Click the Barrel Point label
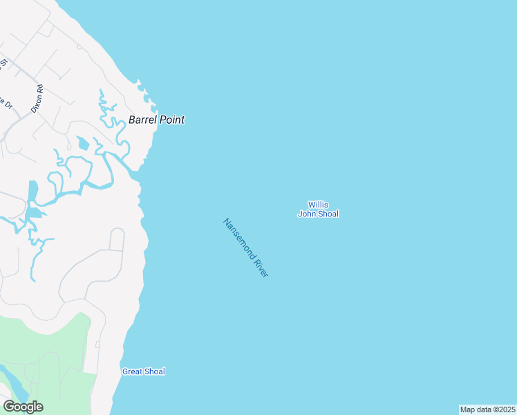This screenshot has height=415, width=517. (x=156, y=120)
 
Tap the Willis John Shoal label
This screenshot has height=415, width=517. (x=318, y=209)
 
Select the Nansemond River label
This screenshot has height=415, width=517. (x=245, y=248)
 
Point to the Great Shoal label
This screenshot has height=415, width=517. (x=144, y=371)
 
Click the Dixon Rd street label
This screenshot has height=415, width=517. (x=37, y=98)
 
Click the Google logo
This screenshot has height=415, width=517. (x=23, y=406)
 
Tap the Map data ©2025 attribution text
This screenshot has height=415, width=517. (x=487, y=409)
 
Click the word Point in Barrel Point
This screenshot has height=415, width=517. (x=172, y=120)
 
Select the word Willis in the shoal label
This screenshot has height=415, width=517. (x=318, y=205)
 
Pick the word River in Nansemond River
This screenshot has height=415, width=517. (x=261, y=268)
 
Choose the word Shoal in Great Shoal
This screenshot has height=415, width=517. (x=154, y=371)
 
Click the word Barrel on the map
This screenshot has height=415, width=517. (x=142, y=120)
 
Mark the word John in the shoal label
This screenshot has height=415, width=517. (x=307, y=214)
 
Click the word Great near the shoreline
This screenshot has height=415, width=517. (x=132, y=371)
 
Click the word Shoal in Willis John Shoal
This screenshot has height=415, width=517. (x=328, y=214)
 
